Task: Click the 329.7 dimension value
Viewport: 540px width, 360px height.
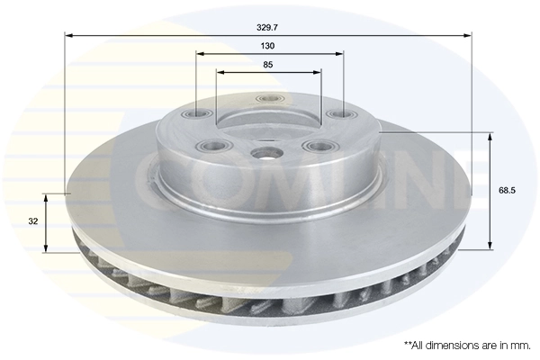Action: pyautogui.click(x=268, y=27)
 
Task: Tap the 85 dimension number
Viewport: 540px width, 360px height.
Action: pyautogui.click(x=268, y=64)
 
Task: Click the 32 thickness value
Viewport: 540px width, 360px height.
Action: pyautogui.click(x=32, y=221)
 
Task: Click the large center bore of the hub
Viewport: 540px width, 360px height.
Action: pyautogui.click(x=268, y=154)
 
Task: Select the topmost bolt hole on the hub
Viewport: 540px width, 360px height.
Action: pyautogui.click(x=266, y=99)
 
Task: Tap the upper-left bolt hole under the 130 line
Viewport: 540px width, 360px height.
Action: pyautogui.click(x=198, y=114)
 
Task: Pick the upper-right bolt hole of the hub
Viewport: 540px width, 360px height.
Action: pyautogui.click(x=338, y=114)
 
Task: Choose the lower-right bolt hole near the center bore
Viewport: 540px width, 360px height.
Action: pyautogui.click(x=317, y=145)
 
